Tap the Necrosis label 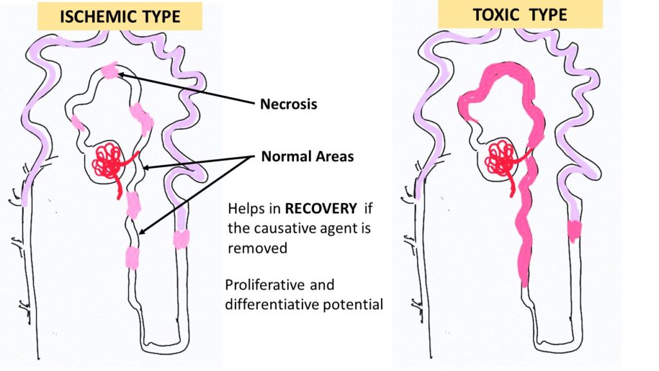pyautogui.click(x=288, y=104)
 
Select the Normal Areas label pyautogui.click(x=307, y=156)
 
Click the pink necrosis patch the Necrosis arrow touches pyautogui.click(x=111, y=71)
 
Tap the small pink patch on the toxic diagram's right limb pyautogui.click(x=574, y=229)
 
